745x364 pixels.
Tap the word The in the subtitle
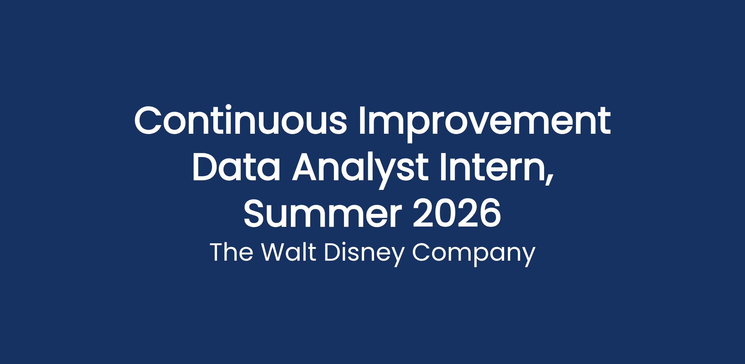tap(231, 252)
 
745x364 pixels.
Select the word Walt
tap(289, 252)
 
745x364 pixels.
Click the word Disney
tap(364, 254)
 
